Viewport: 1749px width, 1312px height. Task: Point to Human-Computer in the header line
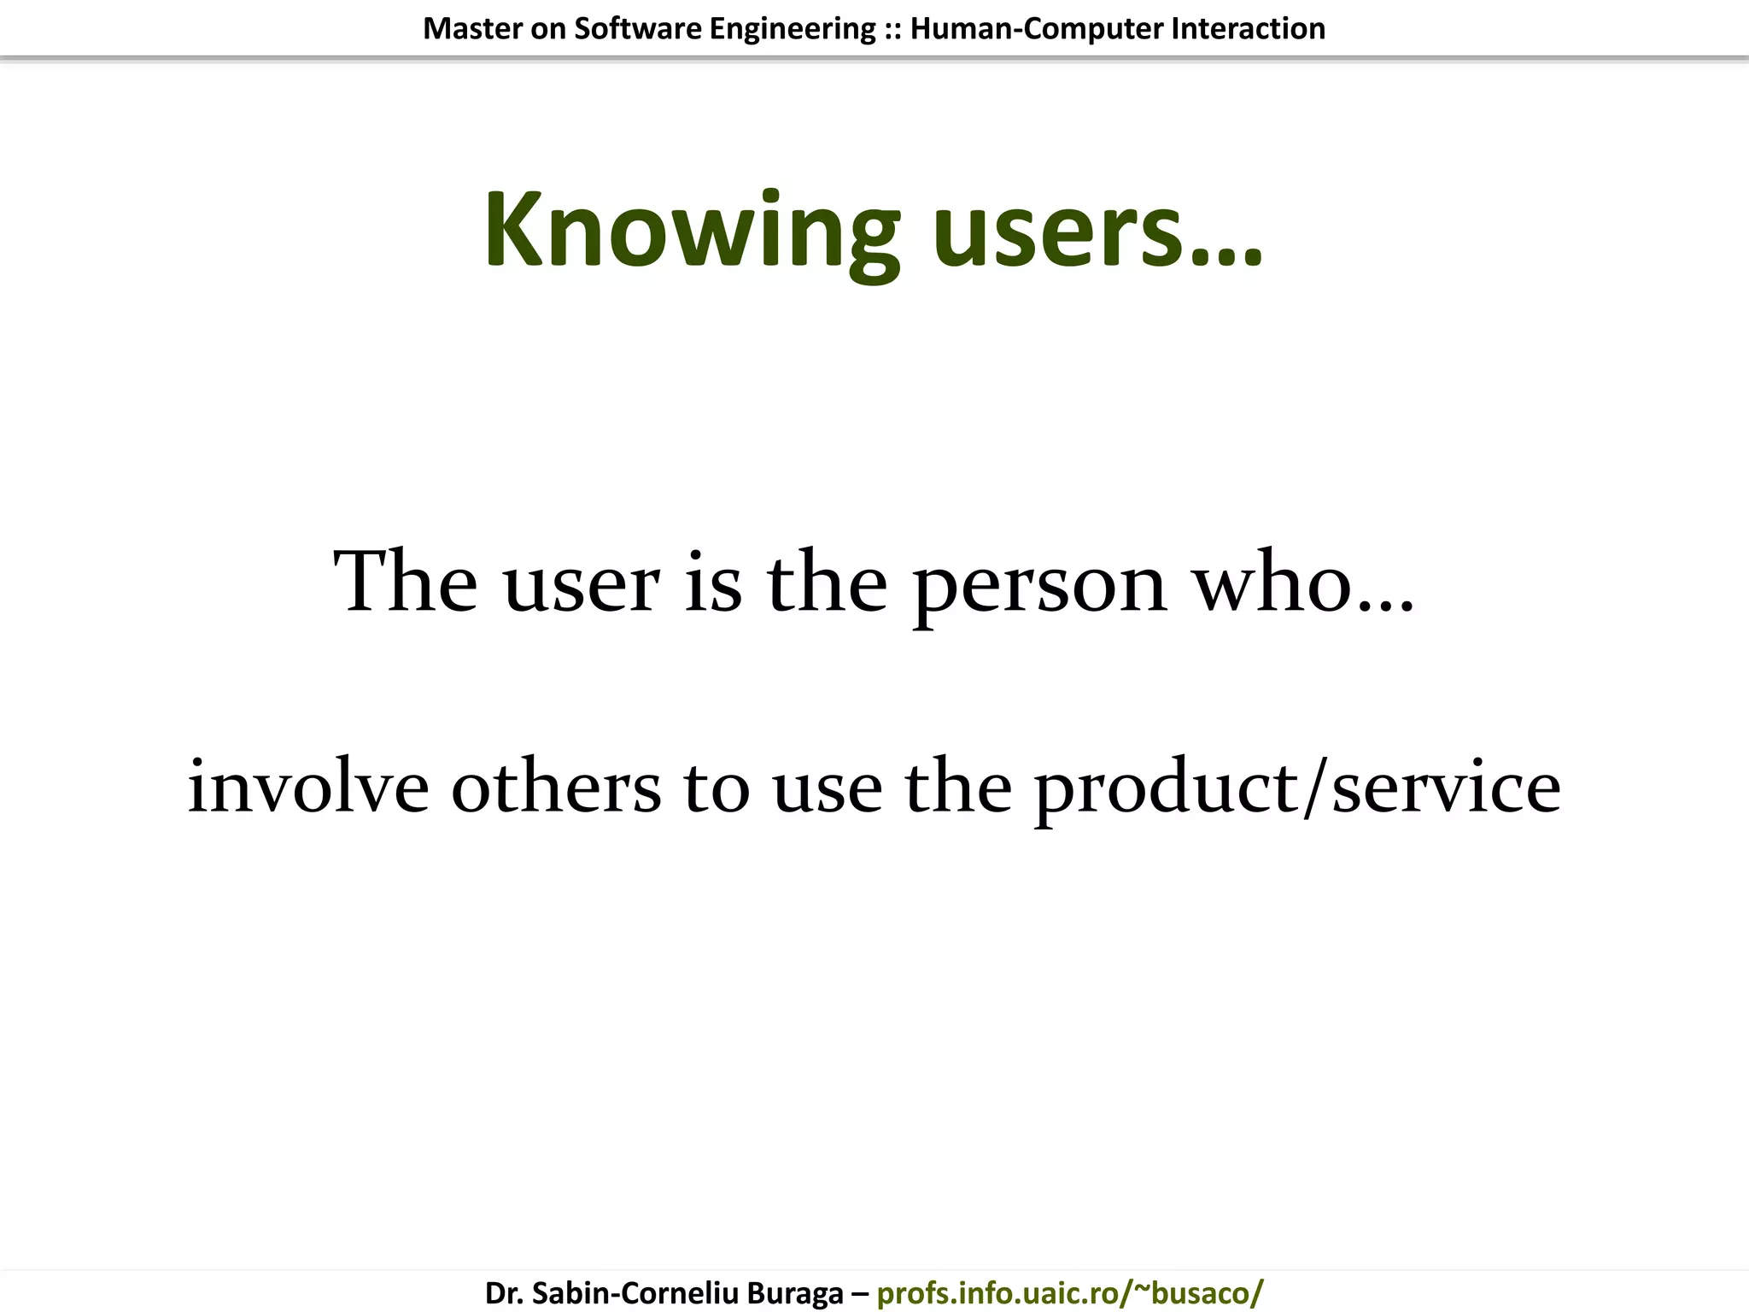tap(1037, 29)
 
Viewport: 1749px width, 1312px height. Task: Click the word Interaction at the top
tap(1248, 29)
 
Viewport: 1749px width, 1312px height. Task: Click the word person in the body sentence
tap(1039, 586)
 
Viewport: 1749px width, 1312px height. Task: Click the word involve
tap(307, 787)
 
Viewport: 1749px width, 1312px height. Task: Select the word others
tap(556, 787)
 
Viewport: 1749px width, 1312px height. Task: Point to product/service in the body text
tap(1297, 790)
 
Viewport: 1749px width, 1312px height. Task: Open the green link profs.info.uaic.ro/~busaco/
tap(1069, 1293)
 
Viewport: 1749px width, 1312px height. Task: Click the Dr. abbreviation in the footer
tap(504, 1293)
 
